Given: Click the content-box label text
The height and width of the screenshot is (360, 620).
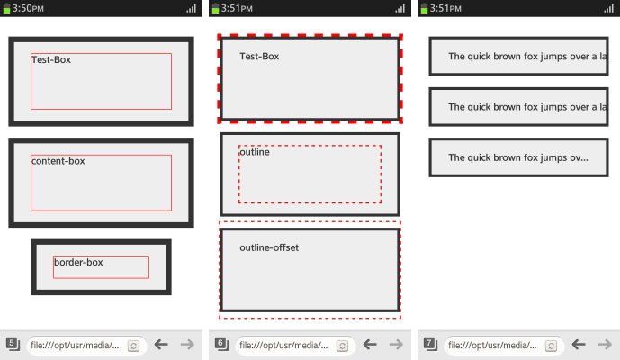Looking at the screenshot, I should (58, 161).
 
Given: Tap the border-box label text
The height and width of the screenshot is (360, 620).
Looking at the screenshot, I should (78, 262).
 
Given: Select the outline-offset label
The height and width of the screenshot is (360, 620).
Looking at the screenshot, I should (269, 247).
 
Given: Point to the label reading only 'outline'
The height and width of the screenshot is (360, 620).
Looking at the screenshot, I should (255, 152).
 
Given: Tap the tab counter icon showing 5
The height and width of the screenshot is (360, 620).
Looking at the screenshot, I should (13, 344).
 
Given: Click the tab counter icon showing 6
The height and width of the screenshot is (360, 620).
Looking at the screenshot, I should (221, 344).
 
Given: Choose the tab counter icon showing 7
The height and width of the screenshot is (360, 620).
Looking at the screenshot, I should (430, 344).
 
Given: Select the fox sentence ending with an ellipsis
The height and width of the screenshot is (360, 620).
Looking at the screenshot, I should (517, 157).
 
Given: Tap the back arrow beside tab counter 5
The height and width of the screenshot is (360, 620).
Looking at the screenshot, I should (161, 344).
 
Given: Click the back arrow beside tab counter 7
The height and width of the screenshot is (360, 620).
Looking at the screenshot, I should (579, 344).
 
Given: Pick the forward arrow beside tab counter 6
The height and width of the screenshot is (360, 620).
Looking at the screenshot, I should (396, 344).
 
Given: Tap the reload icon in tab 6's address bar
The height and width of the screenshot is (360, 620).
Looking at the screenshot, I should (342, 345).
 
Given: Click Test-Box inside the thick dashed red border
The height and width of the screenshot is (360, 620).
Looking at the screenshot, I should (259, 57).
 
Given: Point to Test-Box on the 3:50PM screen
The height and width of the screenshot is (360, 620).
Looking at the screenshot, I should (51, 59).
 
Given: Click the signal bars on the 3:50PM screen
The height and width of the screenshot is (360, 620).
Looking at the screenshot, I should (191, 8).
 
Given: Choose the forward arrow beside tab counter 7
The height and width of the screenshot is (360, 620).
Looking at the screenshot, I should (606, 344).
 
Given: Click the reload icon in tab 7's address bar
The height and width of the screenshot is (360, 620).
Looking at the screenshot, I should (551, 345).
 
